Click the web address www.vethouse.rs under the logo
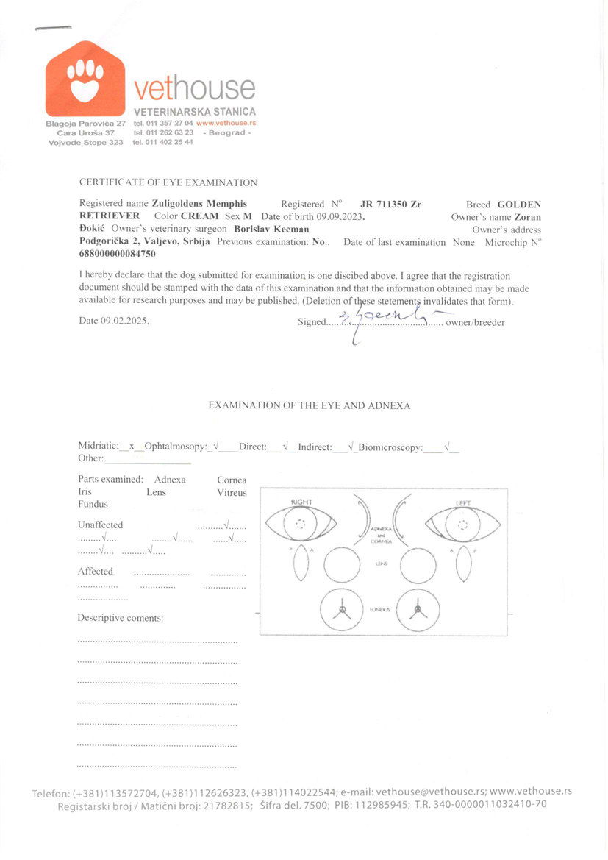click(x=226, y=123)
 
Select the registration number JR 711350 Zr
click(x=391, y=204)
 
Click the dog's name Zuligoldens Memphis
click(x=199, y=204)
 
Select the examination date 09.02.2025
click(x=125, y=321)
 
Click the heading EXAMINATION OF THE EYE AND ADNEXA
click(x=310, y=405)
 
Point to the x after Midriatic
click(x=132, y=446)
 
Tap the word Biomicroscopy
click(x=390, y=446)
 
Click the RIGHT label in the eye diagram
click(x=301, y=502)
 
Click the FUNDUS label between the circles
click(x=379, y=611)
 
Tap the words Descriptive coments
click(x=121, y=618)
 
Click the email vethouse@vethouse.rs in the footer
click(x=429, y=792)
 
